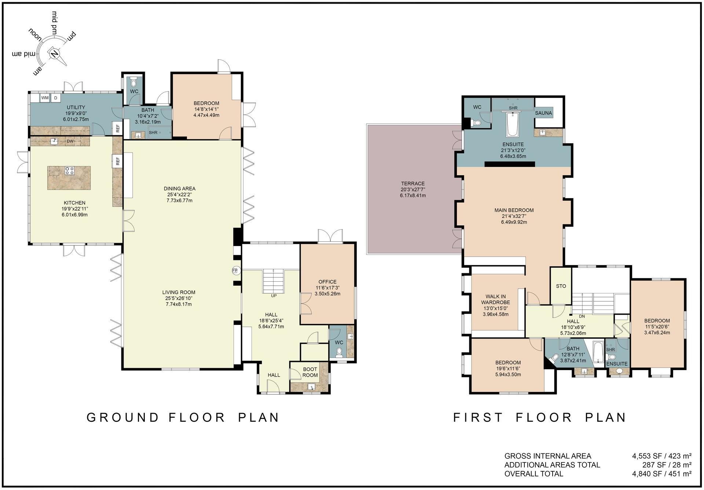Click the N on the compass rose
click(x=55, y=54)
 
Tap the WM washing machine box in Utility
click(x=45, y=98)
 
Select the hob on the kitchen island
click(x=69, y=171)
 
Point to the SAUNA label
click(x=543, y=113)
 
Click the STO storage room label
click(x=561, y=286)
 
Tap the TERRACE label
click(x=413, y=183)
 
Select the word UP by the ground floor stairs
click(x=274, y=296)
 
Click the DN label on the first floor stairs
click(x=582, y=316)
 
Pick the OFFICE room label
click(x=327, y=282)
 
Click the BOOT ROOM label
click(x=310, y=372)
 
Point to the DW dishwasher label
click(x=70, y=141)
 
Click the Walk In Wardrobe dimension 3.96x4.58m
click(x=495, y=314)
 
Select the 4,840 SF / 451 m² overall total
click(x=661, y=473)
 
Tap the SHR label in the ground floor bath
click(x=153, y=132)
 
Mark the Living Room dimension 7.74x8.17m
click(x=179, y=304)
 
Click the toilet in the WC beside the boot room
click(x=339, y=352)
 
